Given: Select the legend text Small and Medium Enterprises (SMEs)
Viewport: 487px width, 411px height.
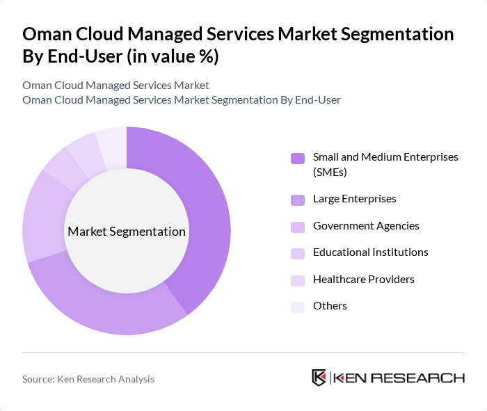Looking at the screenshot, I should [385, 164].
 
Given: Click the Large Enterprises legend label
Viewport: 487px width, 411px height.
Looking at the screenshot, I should [354, 199].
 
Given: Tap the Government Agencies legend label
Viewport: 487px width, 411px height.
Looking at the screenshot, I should [366, 226].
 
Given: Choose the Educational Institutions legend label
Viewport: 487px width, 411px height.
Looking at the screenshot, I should [370, 252].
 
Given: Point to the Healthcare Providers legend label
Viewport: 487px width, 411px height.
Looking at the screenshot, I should [363, 280].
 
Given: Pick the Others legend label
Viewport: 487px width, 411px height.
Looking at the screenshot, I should [330, 306].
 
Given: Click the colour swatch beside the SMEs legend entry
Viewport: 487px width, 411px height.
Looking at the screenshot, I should [298, 158].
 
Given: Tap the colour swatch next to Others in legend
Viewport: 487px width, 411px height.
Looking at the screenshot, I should [298, 307].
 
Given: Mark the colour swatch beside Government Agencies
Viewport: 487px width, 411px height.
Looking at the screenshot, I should [298, 227].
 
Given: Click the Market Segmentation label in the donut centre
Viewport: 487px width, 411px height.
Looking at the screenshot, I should [127, 232].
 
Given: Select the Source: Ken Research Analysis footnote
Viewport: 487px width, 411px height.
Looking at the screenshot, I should [88, 379].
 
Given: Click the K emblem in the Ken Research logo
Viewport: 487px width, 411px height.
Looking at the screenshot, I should [319, 378].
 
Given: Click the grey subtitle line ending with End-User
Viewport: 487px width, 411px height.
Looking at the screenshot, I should [182, 100].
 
